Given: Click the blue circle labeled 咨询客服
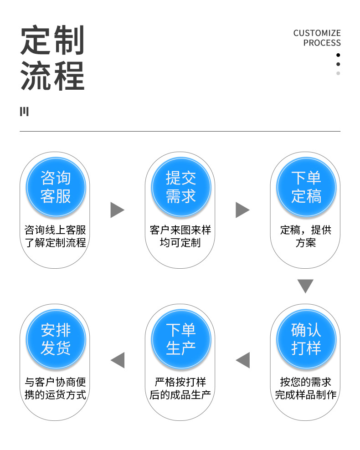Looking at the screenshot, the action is (55, 187).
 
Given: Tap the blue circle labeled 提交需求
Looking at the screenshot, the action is (180, 187).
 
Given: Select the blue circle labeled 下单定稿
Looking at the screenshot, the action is (306, 187).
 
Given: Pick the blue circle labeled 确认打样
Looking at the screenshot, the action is (306, 339).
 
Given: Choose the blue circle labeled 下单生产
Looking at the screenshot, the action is (180, 339).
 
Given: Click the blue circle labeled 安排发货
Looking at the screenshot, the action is (55, 339).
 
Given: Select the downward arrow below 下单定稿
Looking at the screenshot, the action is (306, 286).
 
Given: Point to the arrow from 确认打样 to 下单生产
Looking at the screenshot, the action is (243, 360).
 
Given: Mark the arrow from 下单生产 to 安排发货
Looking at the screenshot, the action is (118, 360).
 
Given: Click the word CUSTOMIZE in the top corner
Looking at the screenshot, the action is (317, 33).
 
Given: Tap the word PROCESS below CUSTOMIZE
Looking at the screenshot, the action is (322, 43).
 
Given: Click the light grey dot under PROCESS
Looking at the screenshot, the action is (338, 73).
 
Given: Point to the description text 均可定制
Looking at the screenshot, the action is (180, 243).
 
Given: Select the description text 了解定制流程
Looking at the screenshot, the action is (55, 243).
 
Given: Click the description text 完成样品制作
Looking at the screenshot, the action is (306, 395).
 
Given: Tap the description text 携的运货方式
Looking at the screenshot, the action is (55, 395).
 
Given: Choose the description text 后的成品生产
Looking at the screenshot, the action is (180, 395).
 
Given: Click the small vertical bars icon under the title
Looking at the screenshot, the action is (24, 112).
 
